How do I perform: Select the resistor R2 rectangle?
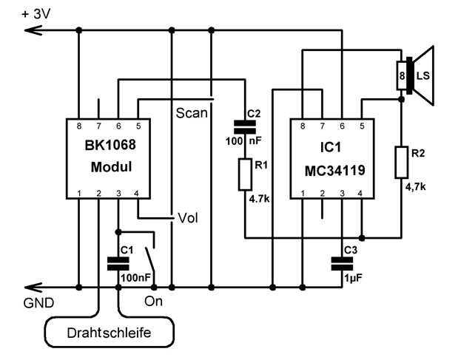click(x=402, y=163)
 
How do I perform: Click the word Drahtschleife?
click(x=110, y=333)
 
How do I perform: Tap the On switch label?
click(x=153, y=301)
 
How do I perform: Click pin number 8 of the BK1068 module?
click(x=79, y=126)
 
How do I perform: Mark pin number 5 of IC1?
click(x=360, y=126)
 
